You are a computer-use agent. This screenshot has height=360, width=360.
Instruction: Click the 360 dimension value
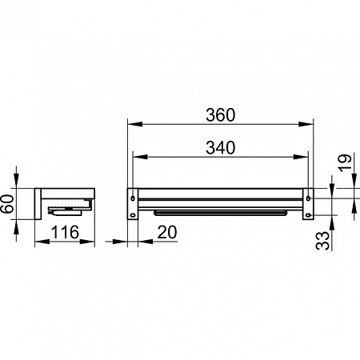click(221, 115)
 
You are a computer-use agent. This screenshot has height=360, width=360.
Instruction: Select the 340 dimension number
click(221, 148)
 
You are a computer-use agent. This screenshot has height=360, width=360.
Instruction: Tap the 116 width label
click(65, 232)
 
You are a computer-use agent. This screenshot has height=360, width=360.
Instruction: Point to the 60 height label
click(8, 204)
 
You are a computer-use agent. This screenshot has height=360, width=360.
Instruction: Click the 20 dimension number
click(167, 232)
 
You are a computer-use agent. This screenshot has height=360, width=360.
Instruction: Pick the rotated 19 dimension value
click(345, 162)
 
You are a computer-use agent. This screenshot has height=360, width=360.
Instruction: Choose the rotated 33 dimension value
click(322, 241)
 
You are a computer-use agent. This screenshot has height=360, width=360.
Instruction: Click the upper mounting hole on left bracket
click(133, 198)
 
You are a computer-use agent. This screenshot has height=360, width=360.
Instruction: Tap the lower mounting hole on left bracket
click(132, 215)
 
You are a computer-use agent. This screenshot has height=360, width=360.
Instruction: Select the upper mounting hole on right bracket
click(309, 198)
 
